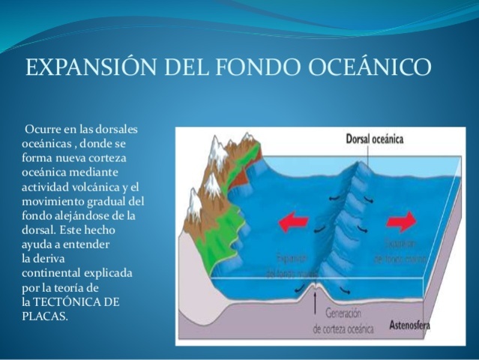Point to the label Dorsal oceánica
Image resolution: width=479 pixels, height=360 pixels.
click(x=375, y=139)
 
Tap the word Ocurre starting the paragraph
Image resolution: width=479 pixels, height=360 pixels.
click(x=42, y=130)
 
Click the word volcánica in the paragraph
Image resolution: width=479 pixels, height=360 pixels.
click(x=94, y=187)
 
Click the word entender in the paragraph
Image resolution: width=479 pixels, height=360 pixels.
click(x=85, y=244)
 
